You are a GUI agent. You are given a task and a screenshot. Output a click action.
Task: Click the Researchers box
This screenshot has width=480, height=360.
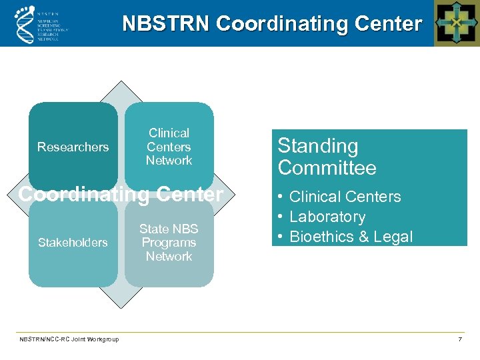coord(73,147)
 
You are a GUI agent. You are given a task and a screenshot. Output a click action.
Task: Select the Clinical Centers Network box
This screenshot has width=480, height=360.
coord(169,147)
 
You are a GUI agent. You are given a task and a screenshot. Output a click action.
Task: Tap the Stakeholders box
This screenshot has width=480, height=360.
coord(73,243)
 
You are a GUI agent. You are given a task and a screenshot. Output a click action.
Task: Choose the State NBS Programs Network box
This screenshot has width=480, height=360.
coord(169,243)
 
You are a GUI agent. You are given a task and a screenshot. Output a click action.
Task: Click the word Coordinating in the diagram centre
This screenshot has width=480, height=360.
coord(79,195)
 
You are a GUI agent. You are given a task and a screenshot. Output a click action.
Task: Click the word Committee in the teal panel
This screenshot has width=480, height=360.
coord(327,168)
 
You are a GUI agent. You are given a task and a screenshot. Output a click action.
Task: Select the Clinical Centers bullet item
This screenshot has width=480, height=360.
coord(345,197)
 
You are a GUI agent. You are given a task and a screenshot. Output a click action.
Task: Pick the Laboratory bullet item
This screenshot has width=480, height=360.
coord(327,217)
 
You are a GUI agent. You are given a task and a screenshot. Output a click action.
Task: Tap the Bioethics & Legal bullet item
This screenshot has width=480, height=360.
coord(351,237)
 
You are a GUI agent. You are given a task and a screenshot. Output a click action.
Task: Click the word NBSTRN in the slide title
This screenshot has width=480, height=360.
coord(167,24)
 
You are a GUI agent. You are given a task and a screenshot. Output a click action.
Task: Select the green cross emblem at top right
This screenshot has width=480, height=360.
coord(456,23)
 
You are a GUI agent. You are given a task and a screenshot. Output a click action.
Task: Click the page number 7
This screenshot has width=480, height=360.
coord(460,339)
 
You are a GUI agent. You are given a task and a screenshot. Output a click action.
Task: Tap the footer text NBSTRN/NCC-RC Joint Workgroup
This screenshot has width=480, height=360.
coord(69,339)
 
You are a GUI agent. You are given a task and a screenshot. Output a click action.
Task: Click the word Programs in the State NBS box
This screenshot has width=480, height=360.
coord(169,243)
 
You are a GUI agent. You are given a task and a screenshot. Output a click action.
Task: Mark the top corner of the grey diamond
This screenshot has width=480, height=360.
coord(121,82)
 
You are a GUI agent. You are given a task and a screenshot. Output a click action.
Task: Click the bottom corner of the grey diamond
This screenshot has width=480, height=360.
coord(121,307)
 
